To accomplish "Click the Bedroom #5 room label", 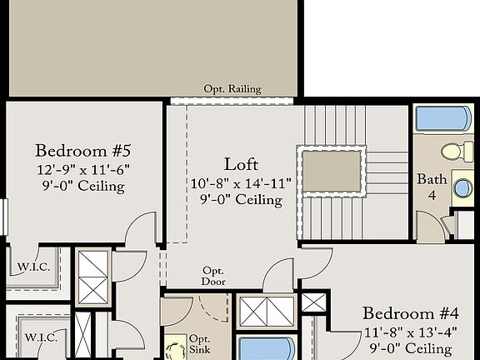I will (x=83, y=151).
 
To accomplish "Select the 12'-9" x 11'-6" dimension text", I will (x=83, y=169).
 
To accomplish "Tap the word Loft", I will (x=241, y=163).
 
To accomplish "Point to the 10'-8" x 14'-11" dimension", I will (x=241, y=182).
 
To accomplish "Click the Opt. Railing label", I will (x=232, y=89).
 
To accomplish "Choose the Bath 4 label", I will (x=432, y=187).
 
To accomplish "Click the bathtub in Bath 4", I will (x=443, y=118).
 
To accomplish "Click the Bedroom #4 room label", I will (x=411, y=313).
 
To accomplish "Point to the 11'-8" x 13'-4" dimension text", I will (x=411, y=332).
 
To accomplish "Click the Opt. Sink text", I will (x=200, y=345).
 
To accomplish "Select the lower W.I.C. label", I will (x=40, y=337).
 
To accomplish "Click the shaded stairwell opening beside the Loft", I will (x=332, y=171).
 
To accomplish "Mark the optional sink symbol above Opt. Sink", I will (x=177, y=347).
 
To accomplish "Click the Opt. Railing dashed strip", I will (x=232, y=100).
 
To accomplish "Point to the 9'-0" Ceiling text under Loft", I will (x=241, y=200).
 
